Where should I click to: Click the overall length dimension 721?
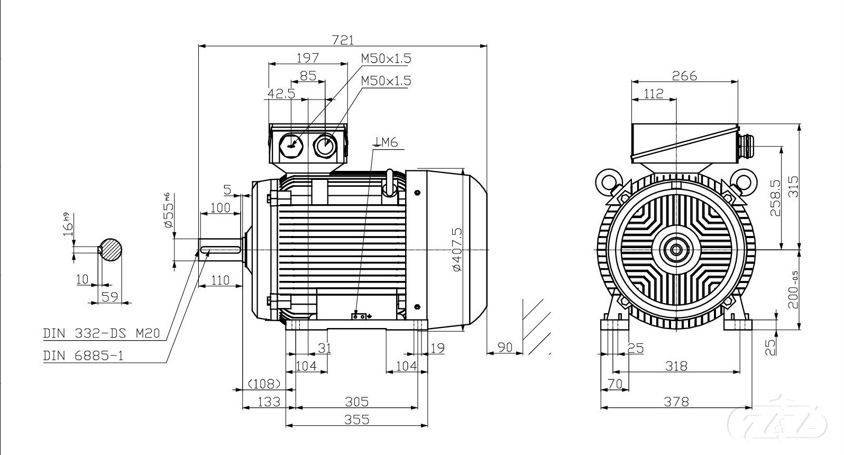pos(342,40)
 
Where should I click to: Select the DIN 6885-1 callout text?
pos(83,356)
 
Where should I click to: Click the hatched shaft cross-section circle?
pos(111,249)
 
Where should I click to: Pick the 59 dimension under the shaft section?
pos(109,297)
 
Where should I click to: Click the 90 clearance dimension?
pos(505,347)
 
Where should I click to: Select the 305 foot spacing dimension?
pos(356,402)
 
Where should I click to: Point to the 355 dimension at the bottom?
pos(356,420)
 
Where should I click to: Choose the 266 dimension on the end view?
pos(684,76)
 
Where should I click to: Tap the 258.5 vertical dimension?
pos(775,197)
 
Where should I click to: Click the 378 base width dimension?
pos(676,402)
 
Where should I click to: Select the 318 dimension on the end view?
pos(676,366)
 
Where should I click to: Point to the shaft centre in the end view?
pos(676,249)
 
